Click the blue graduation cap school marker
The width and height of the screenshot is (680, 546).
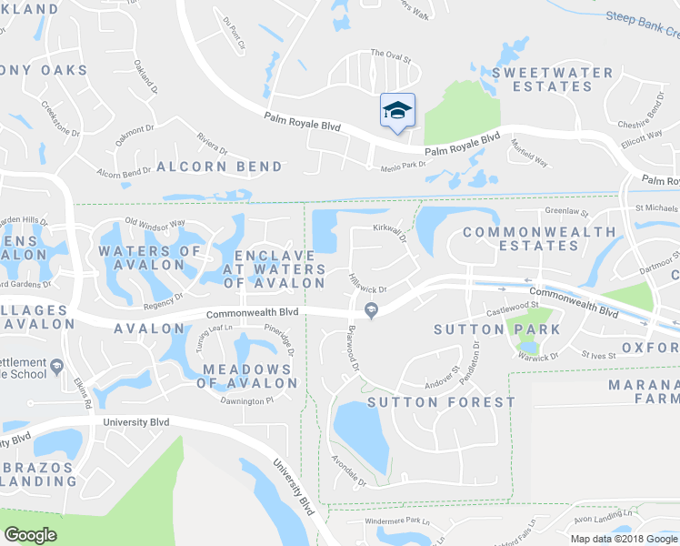tap(397, 111)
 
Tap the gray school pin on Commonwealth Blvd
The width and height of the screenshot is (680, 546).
tap(371, 311)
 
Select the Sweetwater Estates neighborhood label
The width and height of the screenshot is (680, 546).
tap(541, 79)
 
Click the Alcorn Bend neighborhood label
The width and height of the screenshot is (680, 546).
tap(219, 167)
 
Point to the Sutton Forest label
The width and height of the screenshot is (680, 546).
tap(441, 401)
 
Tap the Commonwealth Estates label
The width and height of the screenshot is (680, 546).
tap(539, 239)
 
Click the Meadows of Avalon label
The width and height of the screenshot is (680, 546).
tap(248, 376)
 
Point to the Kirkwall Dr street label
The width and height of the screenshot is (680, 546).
tap(389, 233)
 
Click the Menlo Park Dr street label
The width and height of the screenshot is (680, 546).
tap(403, 165)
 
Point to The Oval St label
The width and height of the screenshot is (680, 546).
tap(391, 56)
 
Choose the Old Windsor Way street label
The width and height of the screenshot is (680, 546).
tap(155, 223)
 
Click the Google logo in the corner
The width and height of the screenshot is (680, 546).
tap(31, 535)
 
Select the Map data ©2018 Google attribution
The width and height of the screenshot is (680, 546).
tap(624, 539)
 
